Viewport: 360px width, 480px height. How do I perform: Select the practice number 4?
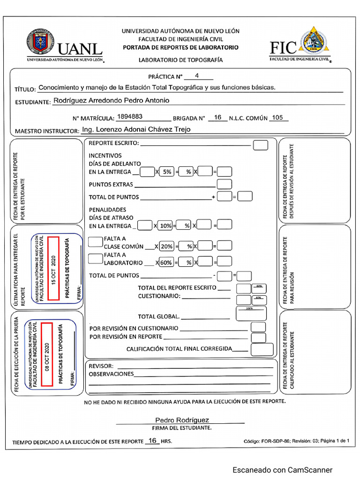click(x=197, y=75)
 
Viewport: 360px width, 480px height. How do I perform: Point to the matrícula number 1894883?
click(x=130, y=117)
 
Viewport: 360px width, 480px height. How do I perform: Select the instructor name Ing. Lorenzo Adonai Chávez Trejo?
click(x=136, y=129)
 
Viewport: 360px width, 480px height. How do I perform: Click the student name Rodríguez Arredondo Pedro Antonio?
click(x=112, y=100)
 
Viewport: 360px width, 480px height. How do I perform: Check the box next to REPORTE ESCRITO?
click(x=260, y=145)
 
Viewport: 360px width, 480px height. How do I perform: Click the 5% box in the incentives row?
click(x=166, y=172)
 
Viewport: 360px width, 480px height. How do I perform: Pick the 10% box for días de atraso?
click(x=165, y=226)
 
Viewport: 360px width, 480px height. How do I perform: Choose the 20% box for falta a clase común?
click(x=166, y=246)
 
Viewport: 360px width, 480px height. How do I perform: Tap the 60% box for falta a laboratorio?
click(x=166, y=262)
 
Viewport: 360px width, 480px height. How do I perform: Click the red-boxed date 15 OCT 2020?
click(x=53, y=269)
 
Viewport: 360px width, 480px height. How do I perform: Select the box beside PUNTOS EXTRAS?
click(x=225, y=184)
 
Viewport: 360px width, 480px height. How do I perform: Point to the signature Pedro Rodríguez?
click(x=182, y=420)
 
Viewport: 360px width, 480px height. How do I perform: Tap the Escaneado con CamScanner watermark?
click(x=283, y=470)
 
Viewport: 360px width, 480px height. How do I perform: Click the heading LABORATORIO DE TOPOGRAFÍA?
click(x=180, y=60)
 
